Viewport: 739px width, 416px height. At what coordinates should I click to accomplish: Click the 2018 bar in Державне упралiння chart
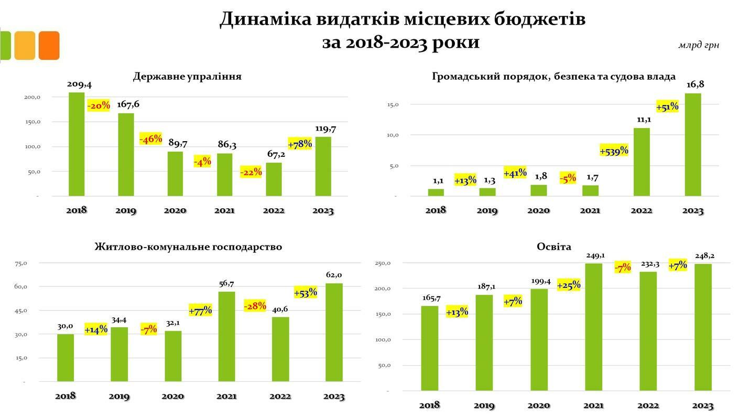coord(77,144)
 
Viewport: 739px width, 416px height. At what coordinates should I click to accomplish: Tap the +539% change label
coord(614,151)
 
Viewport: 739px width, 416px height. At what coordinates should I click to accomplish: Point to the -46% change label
coord(150,139)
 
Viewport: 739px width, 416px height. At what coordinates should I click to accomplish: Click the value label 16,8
coord(695,84)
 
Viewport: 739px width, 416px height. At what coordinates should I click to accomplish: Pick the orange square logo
coord(49,46)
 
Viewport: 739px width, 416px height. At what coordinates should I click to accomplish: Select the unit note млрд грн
coord(698,45)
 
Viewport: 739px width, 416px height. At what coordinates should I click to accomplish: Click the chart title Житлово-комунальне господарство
coord(188,247)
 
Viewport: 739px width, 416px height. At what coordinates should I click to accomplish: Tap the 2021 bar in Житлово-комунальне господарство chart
coord(226,336)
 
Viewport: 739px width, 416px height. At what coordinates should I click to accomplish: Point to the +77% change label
coord(200,311)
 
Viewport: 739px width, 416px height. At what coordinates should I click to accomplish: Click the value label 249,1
coord(595,255)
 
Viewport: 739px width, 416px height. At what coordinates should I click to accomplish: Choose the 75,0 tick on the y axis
coord(21,263)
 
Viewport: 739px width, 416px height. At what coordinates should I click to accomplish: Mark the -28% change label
coord(255,305)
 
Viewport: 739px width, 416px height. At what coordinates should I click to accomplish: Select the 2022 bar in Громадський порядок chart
coord(642,162)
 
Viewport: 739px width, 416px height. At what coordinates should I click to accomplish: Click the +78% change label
coord(300,144)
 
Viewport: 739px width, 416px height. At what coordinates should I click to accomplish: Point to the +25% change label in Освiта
coord(569,285)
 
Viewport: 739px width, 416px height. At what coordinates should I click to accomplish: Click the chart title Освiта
coord(554,247)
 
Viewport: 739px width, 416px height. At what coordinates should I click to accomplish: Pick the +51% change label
coord(667,106)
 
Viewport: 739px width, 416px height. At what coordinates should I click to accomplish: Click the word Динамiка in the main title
coord(266,19)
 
